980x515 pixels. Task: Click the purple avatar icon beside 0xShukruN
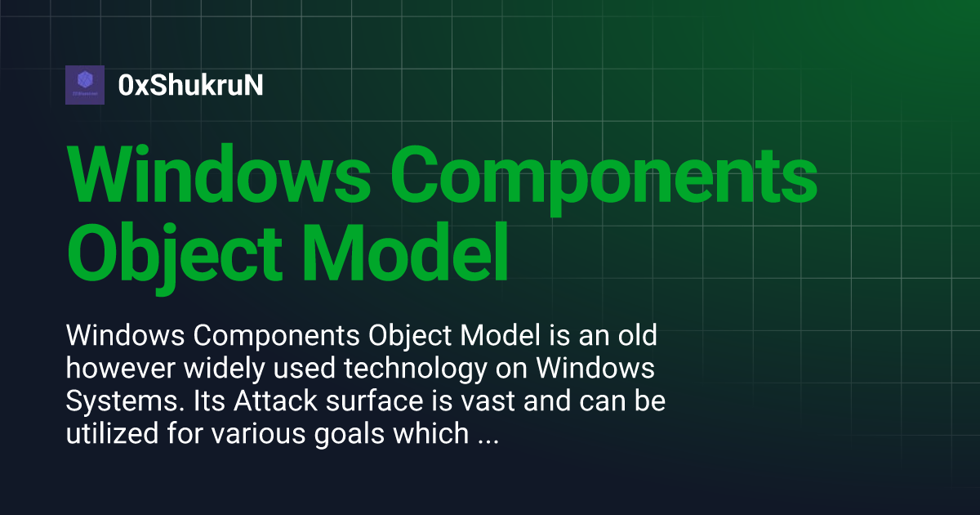click(85, 85)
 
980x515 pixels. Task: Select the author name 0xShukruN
click(190, 85)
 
